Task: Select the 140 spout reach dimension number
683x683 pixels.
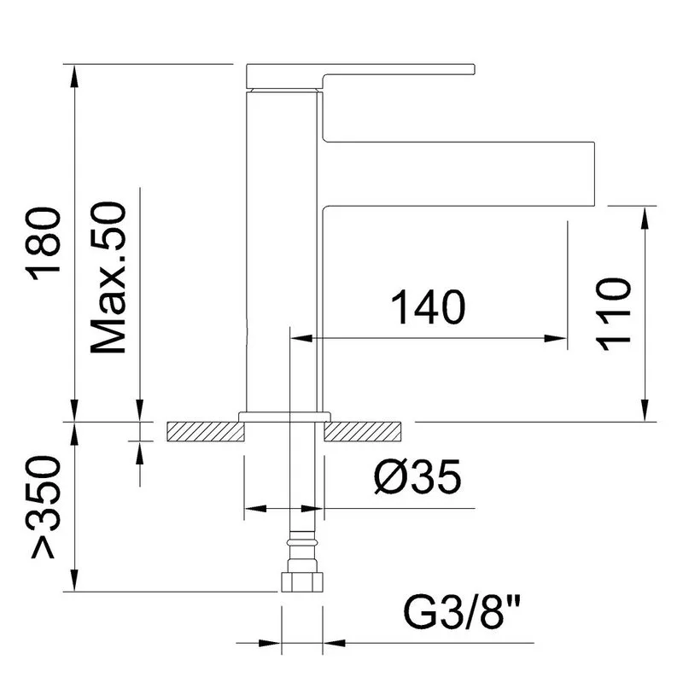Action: (x=428, y=307)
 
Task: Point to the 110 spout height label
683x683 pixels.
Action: (x=615, y=314)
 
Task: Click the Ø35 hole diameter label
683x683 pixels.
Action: (x=417, y=476)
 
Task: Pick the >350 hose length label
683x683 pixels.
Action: (x=44, y=506)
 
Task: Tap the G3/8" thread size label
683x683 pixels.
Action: (x=462, y=612)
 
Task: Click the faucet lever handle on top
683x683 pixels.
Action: (x=359, y=76)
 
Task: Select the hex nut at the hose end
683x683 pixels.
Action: (x=302, y=581)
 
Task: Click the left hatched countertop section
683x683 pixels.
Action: (x=205, y=432)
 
